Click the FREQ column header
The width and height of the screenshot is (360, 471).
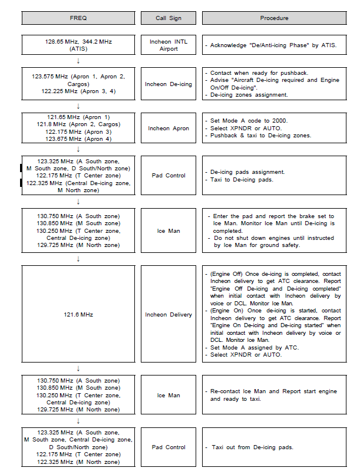tap(78, 18)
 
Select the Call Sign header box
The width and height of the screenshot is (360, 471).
tap(169, 18)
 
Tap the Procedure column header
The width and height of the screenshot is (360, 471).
tap(275, 18)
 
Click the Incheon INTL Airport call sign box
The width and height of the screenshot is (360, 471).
tap(169, 45)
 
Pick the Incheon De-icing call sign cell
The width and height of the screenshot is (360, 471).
tap(169, 84)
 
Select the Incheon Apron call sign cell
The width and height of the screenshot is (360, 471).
tap(169, 128)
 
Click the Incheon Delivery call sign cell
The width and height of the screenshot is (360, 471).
tap(169, 315)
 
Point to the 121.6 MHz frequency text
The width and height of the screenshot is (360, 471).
tap(78, 315)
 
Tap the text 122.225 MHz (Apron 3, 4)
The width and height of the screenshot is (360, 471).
tap(78, 91)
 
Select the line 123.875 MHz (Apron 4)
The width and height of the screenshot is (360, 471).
tap(78, 139)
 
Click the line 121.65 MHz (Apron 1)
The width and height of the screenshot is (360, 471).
tap(78, 117)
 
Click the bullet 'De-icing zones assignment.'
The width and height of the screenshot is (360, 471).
tap(249, 94)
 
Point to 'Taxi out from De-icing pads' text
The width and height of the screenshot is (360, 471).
tap(253, 447)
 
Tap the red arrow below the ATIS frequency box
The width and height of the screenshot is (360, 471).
tap(78, 61)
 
